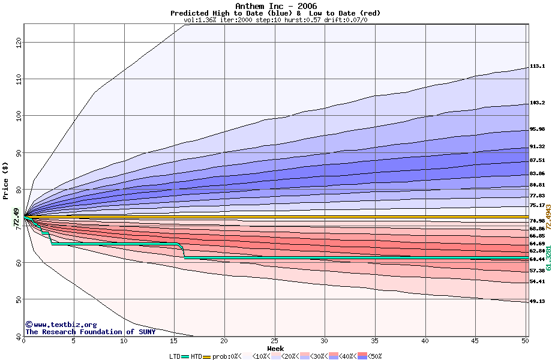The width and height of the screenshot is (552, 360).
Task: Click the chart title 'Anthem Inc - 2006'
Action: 275,6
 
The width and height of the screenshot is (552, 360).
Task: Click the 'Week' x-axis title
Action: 275,348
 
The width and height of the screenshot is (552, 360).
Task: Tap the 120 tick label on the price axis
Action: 18,43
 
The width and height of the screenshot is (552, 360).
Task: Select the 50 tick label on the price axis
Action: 18,299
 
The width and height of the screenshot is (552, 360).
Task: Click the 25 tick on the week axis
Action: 274,341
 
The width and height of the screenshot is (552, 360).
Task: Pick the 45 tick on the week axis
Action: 475,341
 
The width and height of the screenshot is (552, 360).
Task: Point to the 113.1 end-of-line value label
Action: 537,67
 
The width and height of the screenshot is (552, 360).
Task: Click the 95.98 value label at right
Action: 537,130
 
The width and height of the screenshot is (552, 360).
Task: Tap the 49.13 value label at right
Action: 537,302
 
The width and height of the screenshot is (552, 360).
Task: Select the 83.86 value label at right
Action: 537,173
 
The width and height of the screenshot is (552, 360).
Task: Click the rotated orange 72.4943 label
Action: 548,218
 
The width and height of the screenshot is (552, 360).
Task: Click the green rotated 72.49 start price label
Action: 16,217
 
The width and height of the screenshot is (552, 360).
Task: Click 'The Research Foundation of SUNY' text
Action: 90,332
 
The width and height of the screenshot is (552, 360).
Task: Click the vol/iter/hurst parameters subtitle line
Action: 275,20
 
